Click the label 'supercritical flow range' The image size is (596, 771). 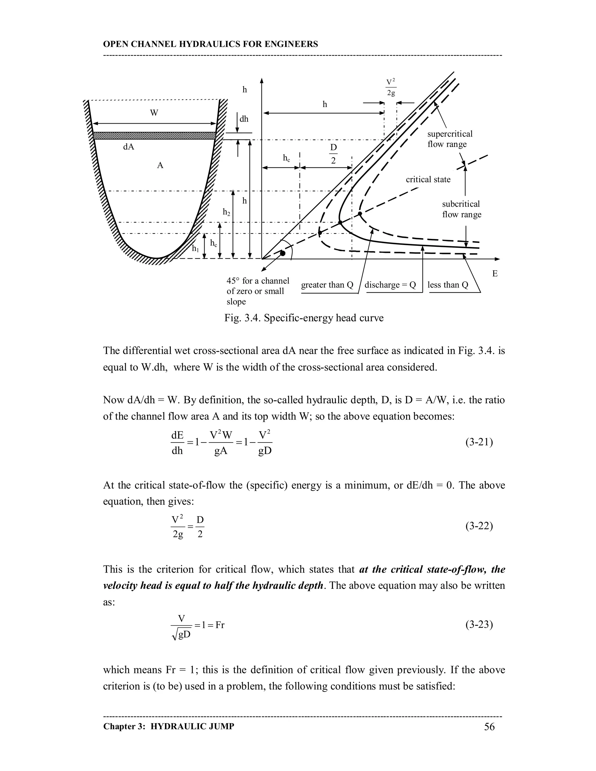[449, 139]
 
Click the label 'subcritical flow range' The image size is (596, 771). [462, 209]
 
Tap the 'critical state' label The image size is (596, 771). [428, 179]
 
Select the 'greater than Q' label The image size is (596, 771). [327, 285]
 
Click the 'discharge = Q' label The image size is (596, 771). [390, 285]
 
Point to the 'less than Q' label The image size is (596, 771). [447, 285]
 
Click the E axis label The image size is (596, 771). [495, 273]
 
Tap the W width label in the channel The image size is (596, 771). [154, 113]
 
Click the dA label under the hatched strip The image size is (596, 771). [129, 147]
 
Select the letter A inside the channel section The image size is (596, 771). [160, 165]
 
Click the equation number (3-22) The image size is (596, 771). [479, 526]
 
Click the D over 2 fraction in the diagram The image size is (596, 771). [333, 154]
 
